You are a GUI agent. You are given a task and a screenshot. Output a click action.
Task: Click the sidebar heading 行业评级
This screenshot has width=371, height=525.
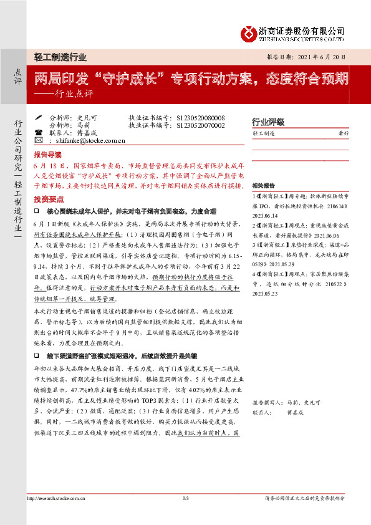pyautogui.click(x=268, y=121)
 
